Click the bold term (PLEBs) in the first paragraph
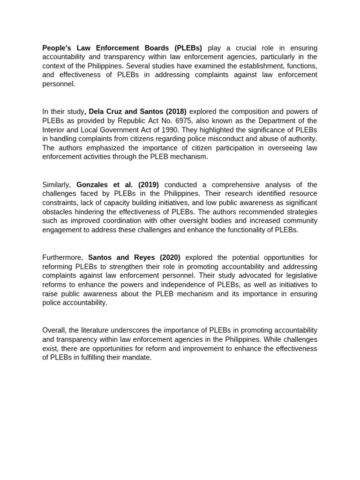tap(188, 48)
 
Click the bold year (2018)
tap(172, 112)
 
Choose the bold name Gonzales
tap(94, 185)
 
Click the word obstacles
tap(58, 212)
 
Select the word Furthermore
tap(62, 257)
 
